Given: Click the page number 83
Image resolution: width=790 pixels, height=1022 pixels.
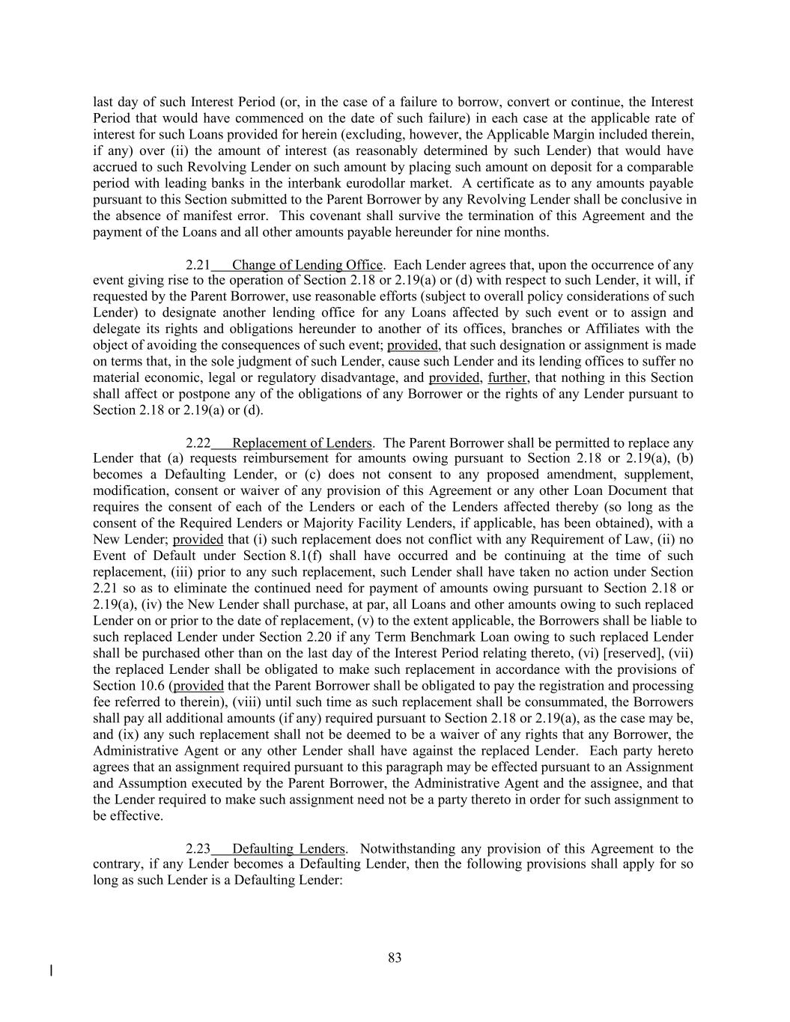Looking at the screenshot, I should click(395, 958).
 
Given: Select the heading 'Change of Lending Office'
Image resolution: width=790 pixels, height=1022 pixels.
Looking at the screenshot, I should click(307, 265).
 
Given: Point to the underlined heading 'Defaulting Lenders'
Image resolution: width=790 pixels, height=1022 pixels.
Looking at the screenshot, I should click(288, 849).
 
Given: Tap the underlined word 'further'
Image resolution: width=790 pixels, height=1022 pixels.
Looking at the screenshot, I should click(507, 378).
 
